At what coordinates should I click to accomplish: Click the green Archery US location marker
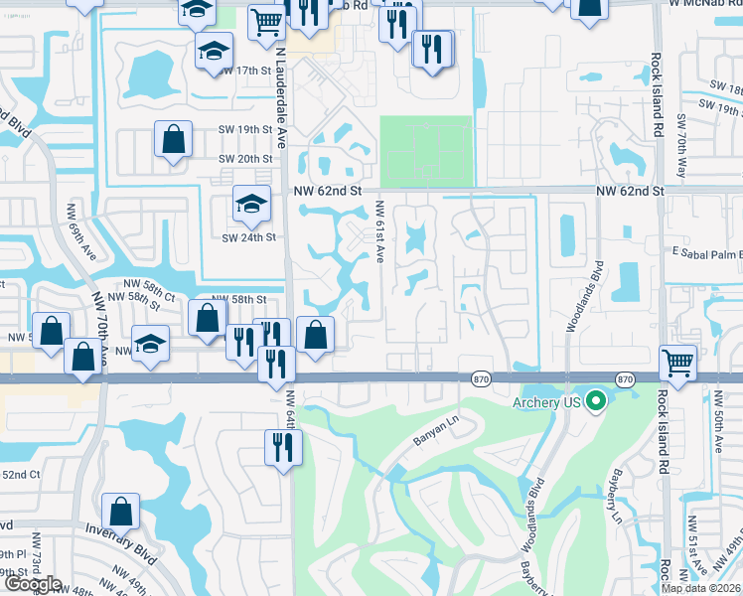pos(596,401)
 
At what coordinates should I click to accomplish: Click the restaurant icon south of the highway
pos(281,447)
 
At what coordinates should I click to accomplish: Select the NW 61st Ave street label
pos(379,233)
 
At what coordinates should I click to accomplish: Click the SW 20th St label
pos(245,159)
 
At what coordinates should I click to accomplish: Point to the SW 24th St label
pos(247,237)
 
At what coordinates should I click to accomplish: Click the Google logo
pos(32,584)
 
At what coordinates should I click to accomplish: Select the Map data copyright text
pos(701,588)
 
